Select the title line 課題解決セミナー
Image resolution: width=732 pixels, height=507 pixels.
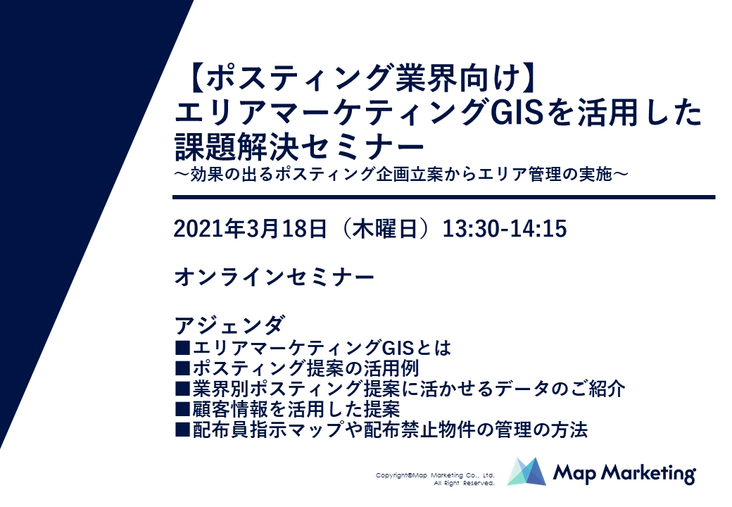(300, 146)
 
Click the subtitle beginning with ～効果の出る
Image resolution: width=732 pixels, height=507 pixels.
(401, 175)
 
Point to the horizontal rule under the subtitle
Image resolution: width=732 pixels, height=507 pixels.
(444, 197)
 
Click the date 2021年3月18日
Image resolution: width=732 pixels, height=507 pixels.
(250, 229)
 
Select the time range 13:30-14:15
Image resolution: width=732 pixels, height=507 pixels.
(504, 229)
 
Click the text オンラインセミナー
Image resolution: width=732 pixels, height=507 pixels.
(274, 277)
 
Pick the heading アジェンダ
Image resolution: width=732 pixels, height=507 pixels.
(229, 325)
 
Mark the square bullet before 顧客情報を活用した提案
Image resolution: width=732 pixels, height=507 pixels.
(182, 409)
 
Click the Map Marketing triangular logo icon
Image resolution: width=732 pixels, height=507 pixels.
(526, 472)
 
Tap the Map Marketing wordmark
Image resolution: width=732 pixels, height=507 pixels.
(624, 473)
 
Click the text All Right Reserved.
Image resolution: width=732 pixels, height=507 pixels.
(464, 483)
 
